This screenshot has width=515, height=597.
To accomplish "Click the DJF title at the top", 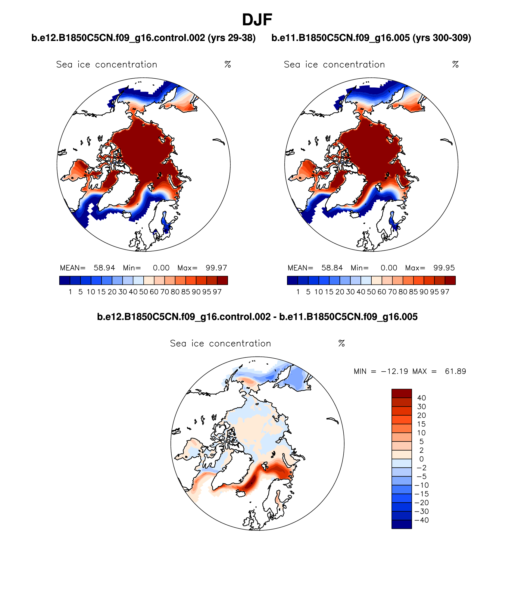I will [x=257, y=20].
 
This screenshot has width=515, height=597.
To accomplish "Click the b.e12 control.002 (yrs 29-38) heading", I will [x=143, y=38].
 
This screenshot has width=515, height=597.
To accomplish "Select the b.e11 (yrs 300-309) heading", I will [x=371, y=38].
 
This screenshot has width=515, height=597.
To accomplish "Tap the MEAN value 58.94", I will [x=104, y=268].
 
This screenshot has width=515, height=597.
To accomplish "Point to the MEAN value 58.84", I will [x=332, y=268].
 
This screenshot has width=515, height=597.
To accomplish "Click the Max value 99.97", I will [x=216, y=268].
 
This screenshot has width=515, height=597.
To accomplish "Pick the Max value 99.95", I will [x=444, y=268].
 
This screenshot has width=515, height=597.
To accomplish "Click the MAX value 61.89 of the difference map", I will [x=455, y=371].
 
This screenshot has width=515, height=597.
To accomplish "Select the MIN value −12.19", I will [x=395, y=371].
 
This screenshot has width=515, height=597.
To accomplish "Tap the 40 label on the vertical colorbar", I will [x=421, y=398].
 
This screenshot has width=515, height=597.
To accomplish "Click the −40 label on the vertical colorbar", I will [x=421, y=520].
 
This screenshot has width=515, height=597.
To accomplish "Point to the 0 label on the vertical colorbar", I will [x=421, y=459].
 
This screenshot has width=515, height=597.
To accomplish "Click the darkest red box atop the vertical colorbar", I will [x=401, y=393].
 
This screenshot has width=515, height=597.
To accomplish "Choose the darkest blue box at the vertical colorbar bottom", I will [x=401, y=525].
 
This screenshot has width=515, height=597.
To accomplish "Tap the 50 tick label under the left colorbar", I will [x=143, y=292].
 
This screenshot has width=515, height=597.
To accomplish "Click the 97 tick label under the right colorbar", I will [x=445, y=292].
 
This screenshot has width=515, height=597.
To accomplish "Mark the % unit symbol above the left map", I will [x=228, y=64].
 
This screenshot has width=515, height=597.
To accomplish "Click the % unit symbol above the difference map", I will [x=341, y=344].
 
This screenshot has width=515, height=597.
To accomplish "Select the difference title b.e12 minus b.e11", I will [x=257, y=317].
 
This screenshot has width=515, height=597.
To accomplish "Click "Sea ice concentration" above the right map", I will [x=334, y=64].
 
